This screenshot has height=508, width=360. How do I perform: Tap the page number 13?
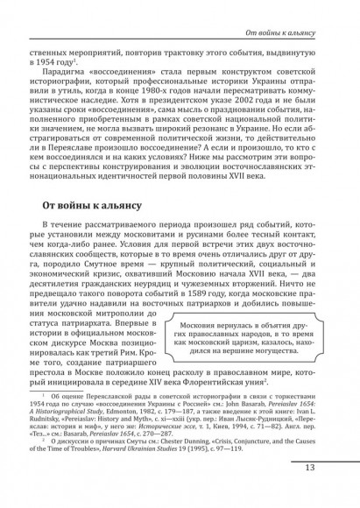click(335, 491)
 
